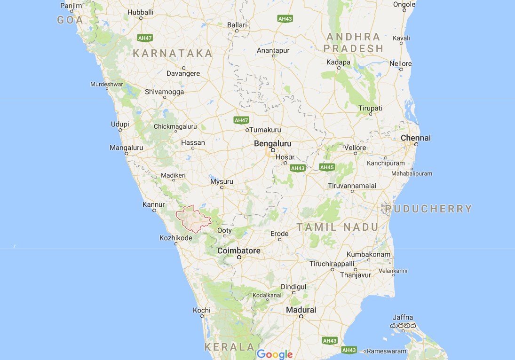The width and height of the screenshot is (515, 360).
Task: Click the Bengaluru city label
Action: (x=272, y=143)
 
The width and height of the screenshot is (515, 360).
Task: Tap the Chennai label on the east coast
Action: (x=415, y=138)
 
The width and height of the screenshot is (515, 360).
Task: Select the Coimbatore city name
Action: (x=238, y=250)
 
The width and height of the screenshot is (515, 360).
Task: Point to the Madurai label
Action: (x=301, y=310)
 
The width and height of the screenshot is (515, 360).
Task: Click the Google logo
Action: (x=275, y=354)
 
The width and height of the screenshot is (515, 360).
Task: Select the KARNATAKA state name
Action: (x=173, y=54)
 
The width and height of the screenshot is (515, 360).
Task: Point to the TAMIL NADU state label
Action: (x=337, y=227)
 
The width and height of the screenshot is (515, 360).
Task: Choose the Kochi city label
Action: (x=201, y=310)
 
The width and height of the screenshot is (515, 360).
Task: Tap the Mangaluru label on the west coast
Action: (x=126, y=148)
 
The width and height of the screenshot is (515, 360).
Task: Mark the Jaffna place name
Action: (x=403, y=317)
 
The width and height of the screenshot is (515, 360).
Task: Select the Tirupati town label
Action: (x=370, y=108)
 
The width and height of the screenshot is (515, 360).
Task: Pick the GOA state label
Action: (x=70, y=20)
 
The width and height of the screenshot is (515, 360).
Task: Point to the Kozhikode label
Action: (x=176, y=238)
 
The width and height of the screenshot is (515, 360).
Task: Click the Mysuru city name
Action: (x=222, y=181)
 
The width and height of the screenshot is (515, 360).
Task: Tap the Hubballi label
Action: (x=140, y=12)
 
